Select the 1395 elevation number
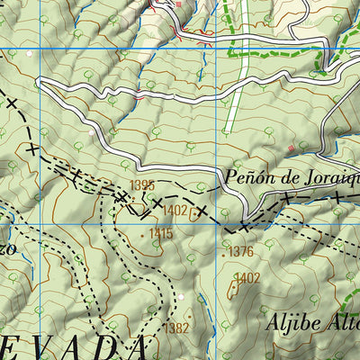click(142, 185)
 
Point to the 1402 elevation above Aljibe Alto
click(247, 278)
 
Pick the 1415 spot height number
click(160, 234)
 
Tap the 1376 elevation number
click(240, 252)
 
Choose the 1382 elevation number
click(176, 328)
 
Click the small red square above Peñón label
click(292, 147)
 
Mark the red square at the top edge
click(178, 4)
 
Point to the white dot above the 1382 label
click(180, 296)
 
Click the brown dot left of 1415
click(142, 234)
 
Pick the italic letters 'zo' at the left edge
click(7, 248)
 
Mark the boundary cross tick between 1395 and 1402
click(157, 205)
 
